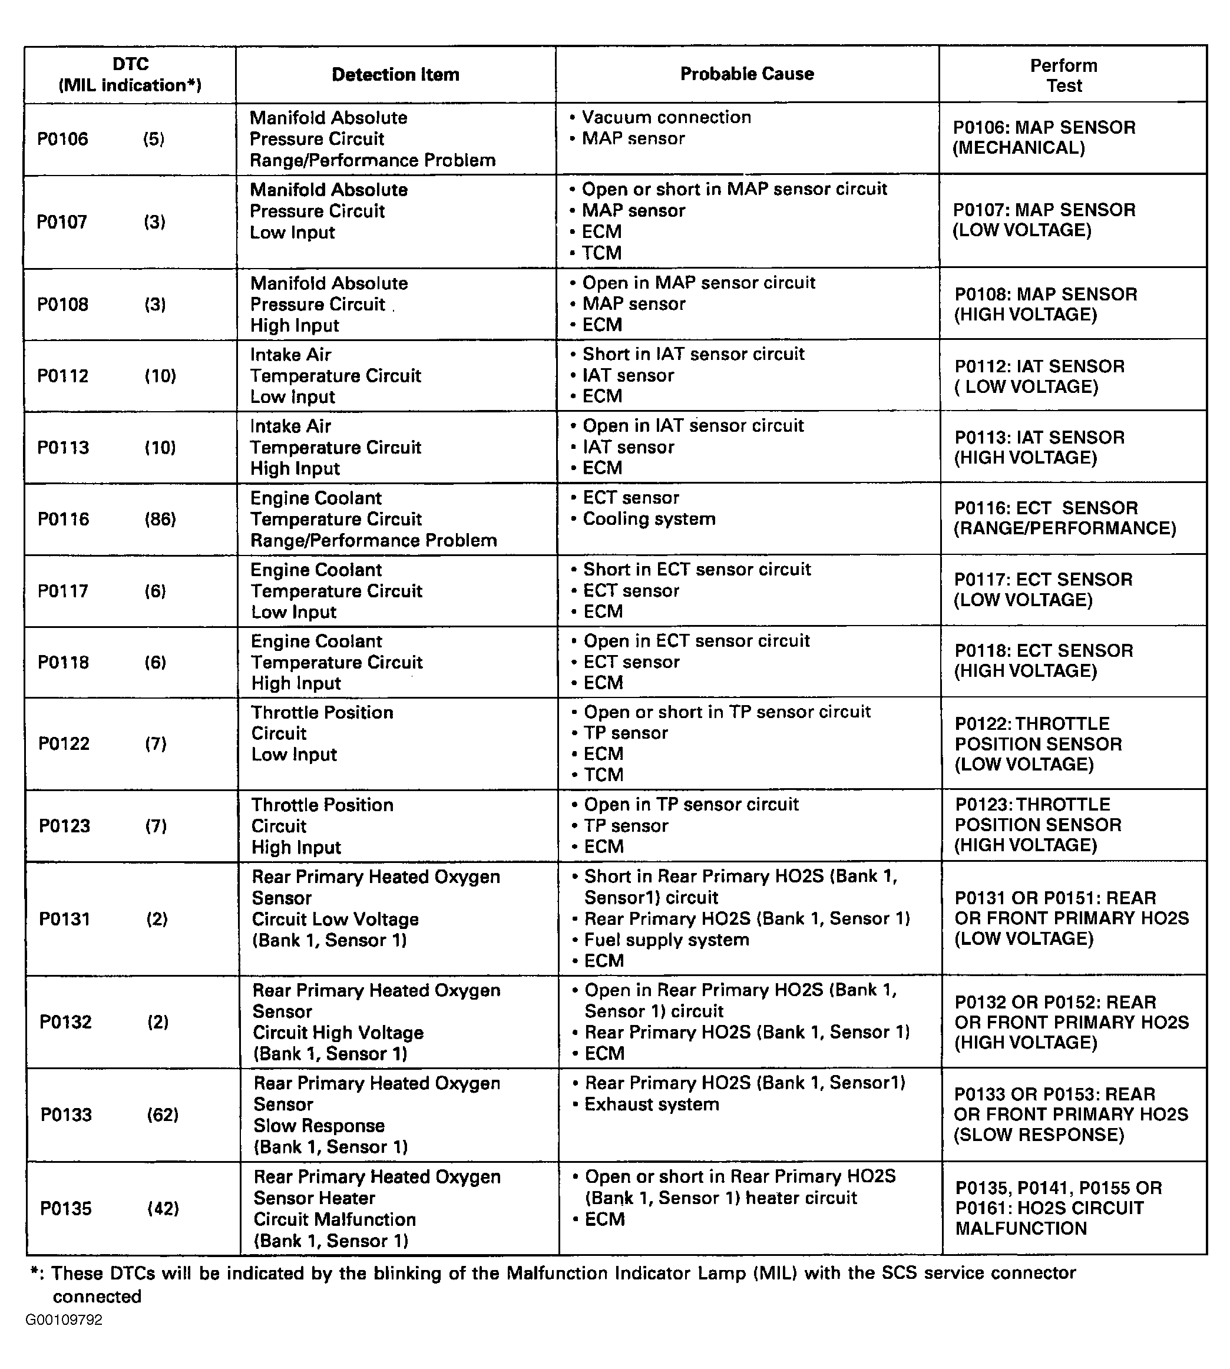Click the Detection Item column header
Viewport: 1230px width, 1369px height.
pyautogui.click(x=395, y=74)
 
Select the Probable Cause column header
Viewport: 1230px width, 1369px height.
pyautogui.click(x=747, y=74)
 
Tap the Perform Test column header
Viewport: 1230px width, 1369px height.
pyautogui.click(x=1064, y=75)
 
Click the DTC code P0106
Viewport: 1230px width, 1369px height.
pyautogui.click(x=63, y=139)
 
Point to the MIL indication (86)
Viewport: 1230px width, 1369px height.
pyautogui.click(x=160, y=519)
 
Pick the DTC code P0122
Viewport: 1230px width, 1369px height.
pyautogui.click(x=64, y=744)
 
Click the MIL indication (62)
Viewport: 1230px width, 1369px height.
pyautogui.click(x=163, y=1115)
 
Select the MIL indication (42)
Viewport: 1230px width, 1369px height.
pyautogui.click(x=163, y=1208)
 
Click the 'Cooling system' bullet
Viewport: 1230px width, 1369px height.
pyautogui.click(x=649, y=519)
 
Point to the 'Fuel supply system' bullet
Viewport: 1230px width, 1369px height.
pyautogui.click(x=666, y=940)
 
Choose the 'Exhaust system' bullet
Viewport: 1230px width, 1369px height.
pyautogui.click(x=652, y=1104)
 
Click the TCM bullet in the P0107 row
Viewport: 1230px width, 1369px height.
pyautogui.click(x=601, y=253)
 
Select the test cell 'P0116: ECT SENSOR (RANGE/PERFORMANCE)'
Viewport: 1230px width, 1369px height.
pyautogui.click(x=1064, y=518)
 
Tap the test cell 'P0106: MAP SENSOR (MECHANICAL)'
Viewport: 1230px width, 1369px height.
pyautogui.click(x=1044, y=138)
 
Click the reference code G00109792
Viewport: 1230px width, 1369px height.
pyautogui.click(x=64, y=1320)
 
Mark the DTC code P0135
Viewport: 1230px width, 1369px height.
pyautogui.click(x=65, y=1208)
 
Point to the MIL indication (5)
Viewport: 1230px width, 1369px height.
pyautogui.click(x=153, y=139)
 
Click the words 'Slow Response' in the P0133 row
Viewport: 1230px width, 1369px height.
pyautogui.click(x=319, y=1126)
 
